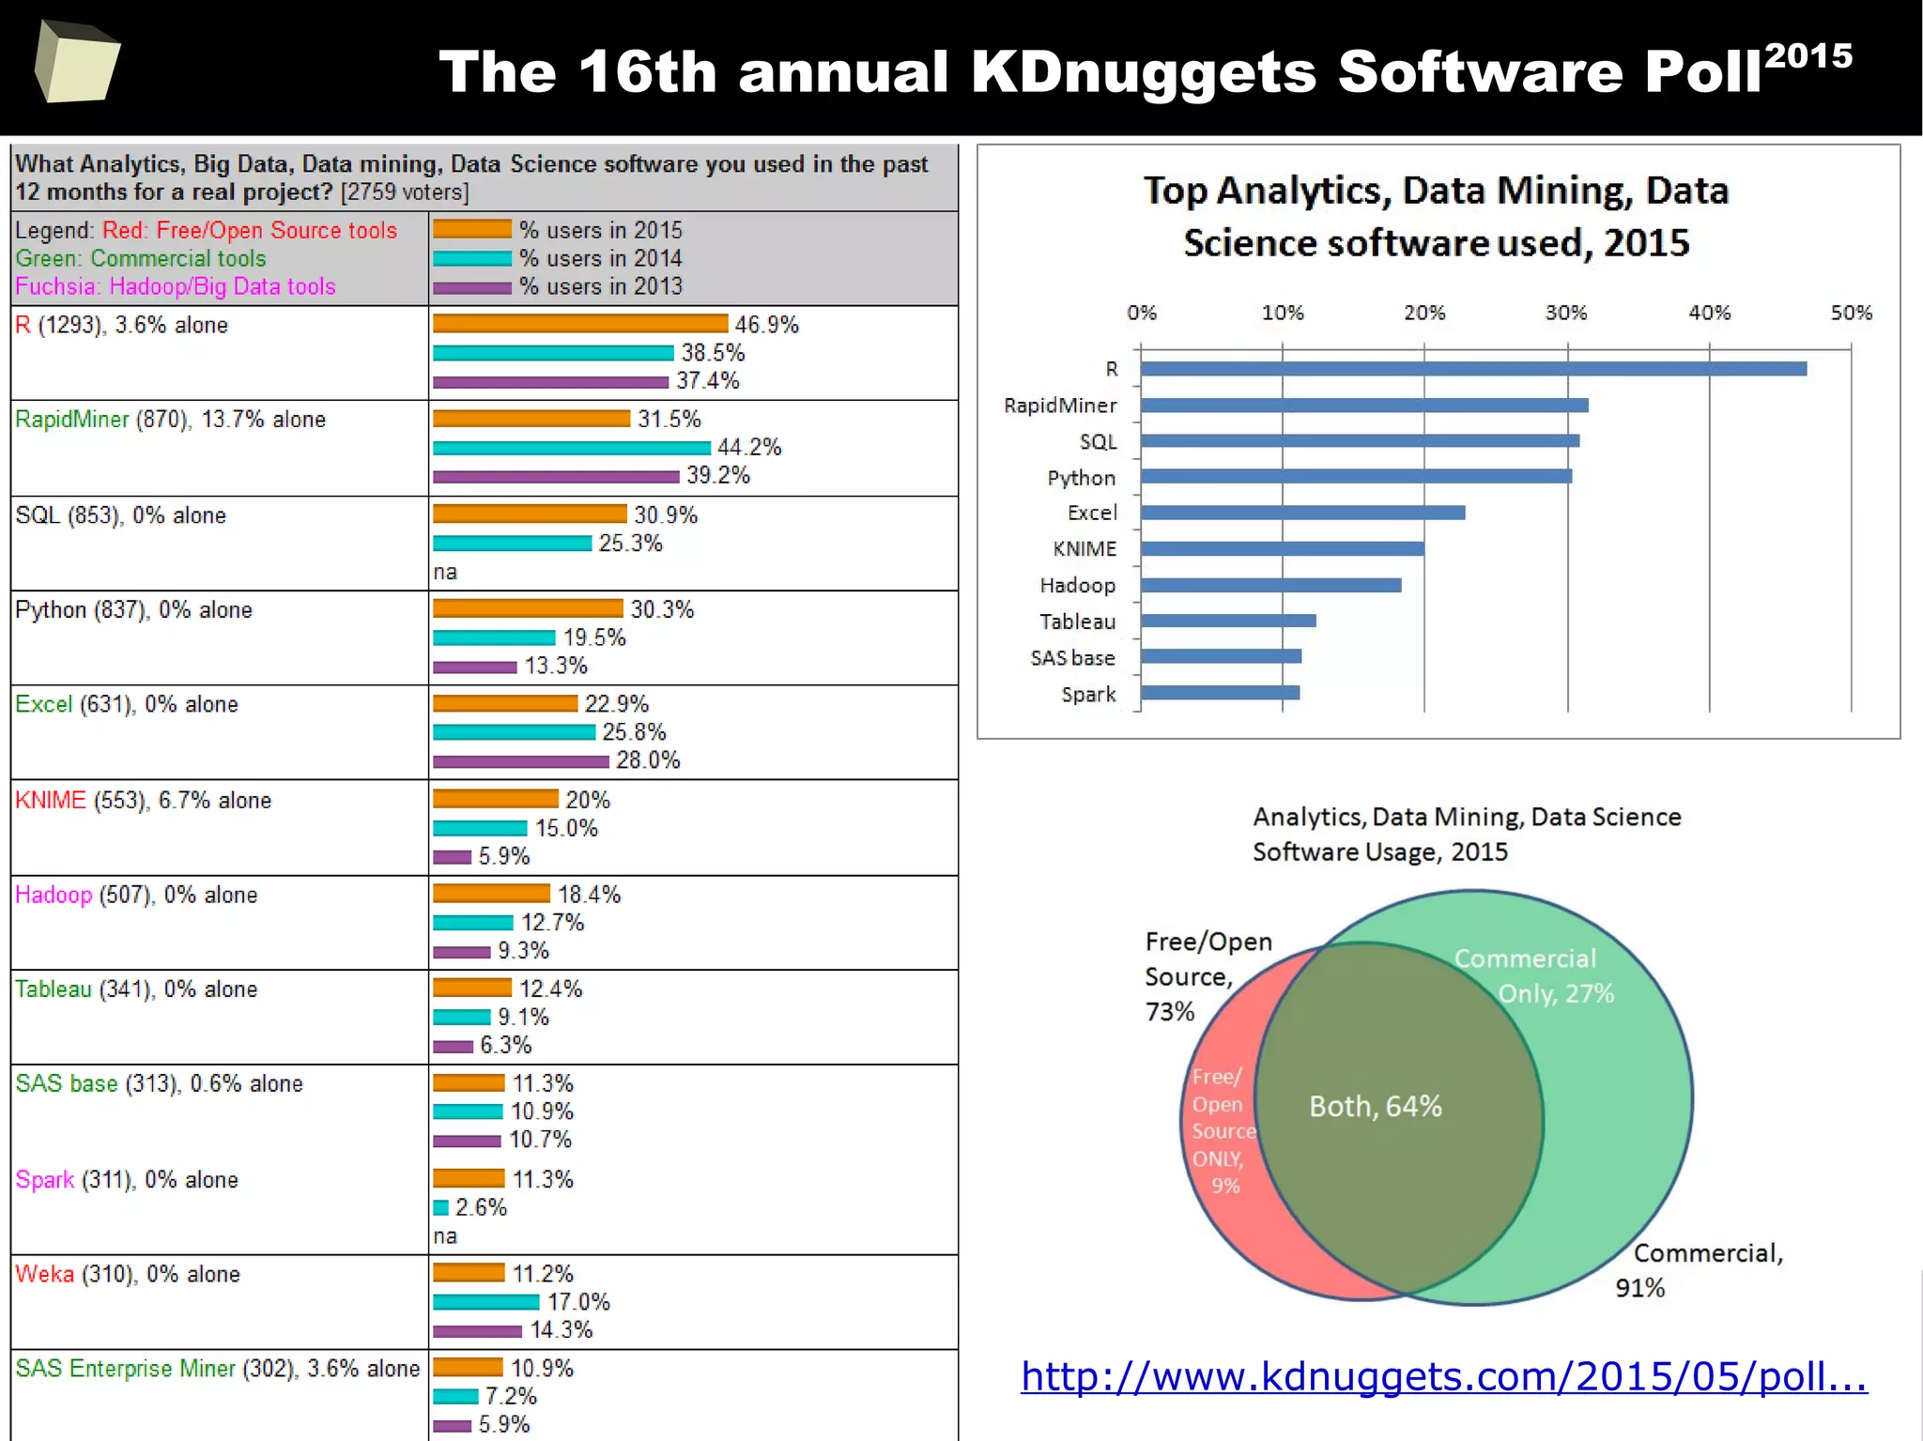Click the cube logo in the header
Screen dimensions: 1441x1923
pos(77,62)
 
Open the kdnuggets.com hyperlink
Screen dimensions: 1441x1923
pos(1443,1376)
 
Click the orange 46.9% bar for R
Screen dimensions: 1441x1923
pos(580,324)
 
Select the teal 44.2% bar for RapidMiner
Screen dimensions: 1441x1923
pos(571,448)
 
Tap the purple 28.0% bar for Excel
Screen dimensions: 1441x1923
pos(520,761)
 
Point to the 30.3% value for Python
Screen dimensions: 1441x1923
pos(662,609)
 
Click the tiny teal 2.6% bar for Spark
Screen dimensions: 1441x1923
pos(440,1207)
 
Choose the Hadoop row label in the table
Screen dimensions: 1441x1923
pos(54,895)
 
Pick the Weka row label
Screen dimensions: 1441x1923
pos(44,1274)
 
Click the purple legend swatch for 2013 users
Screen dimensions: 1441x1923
pos(472,287)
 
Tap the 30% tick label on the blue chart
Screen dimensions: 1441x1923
pos(1566,313)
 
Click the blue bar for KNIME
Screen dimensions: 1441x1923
pos(1282,549)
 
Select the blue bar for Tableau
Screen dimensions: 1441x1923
pos(1228,621)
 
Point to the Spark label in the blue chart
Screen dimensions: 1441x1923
pos(1088,695)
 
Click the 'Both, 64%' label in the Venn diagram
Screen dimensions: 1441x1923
pos(1376,1106)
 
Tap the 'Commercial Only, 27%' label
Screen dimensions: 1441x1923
pos(1534,976)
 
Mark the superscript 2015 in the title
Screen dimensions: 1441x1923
pos(1808,56)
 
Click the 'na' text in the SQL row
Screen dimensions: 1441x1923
pos(445,572)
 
